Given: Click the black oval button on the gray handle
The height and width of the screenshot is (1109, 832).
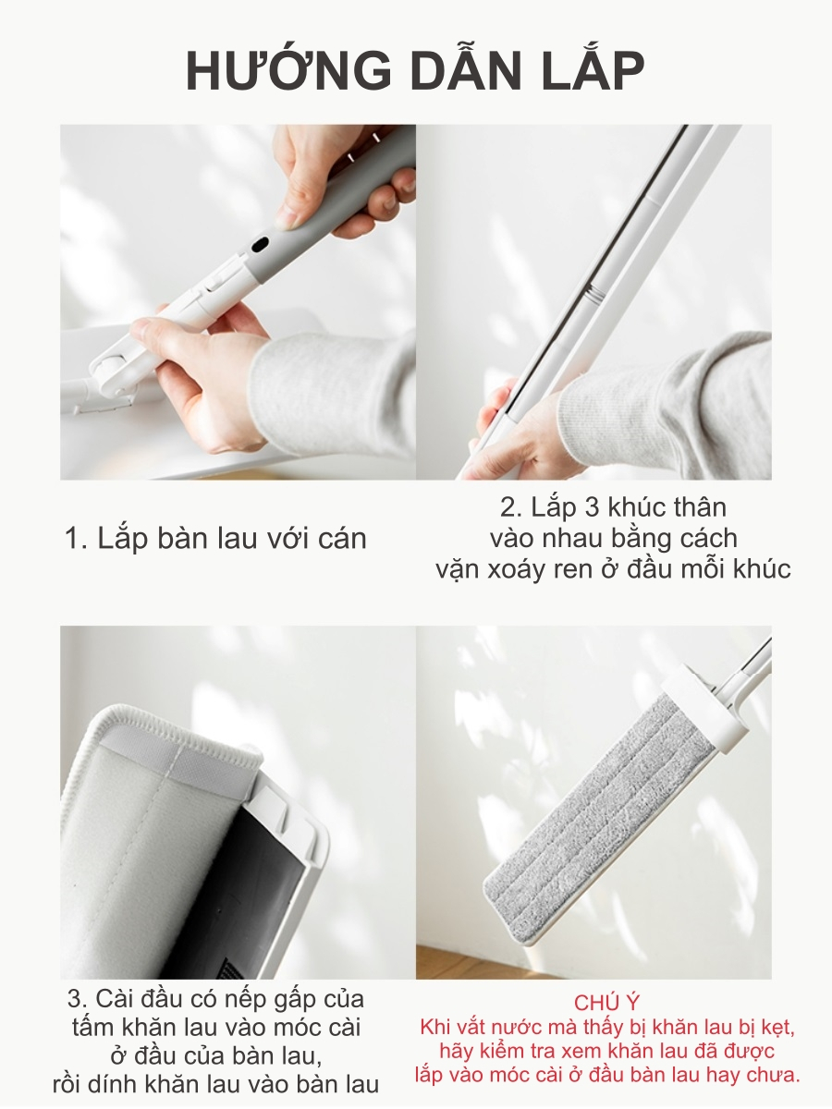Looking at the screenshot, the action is pos(259,244).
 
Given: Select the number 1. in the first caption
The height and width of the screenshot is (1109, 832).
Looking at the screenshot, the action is pos(77,539).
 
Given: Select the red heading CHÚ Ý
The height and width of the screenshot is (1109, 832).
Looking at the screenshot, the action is pos(606,1003).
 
